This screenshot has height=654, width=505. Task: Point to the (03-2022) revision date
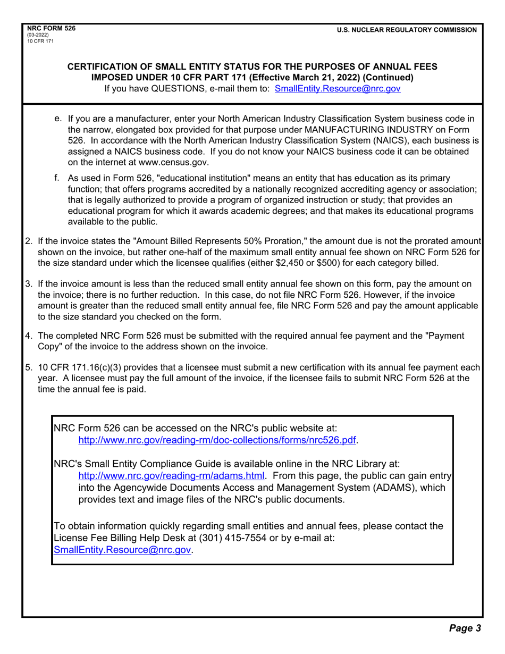[x=37, y=36]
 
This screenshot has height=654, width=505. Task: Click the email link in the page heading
[x=338, y=89]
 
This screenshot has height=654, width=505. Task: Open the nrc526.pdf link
[x=218, y=440]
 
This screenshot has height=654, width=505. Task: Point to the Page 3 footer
[x=465, y=628]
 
